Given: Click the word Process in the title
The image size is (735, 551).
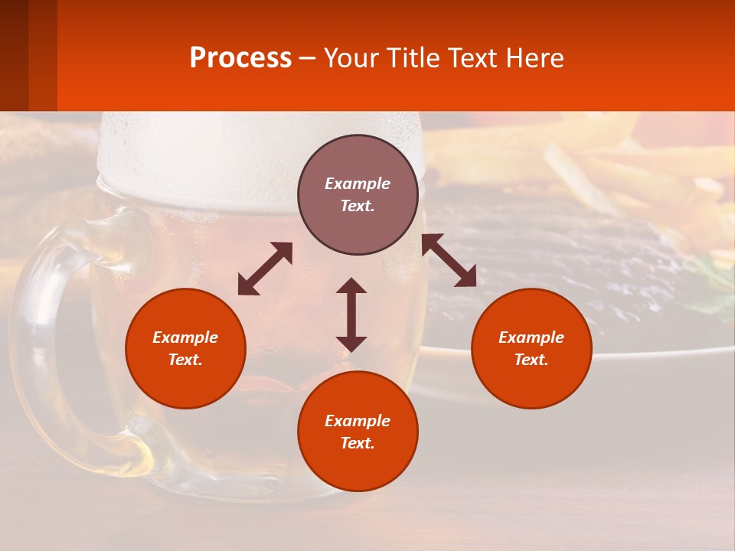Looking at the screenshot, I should pos(240,57).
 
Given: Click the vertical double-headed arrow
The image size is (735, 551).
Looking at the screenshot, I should pos(351,315).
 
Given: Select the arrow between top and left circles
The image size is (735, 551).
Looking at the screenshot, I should pos(265,269).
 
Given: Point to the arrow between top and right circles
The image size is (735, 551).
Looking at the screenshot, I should pos(449,260).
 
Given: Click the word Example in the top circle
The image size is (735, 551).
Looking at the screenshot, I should pos(358,184).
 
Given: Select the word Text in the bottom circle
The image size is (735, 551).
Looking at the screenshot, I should pos(358,443).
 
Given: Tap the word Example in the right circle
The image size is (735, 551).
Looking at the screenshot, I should pos(531,337).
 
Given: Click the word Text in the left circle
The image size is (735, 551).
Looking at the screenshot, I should pos(185,360).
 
